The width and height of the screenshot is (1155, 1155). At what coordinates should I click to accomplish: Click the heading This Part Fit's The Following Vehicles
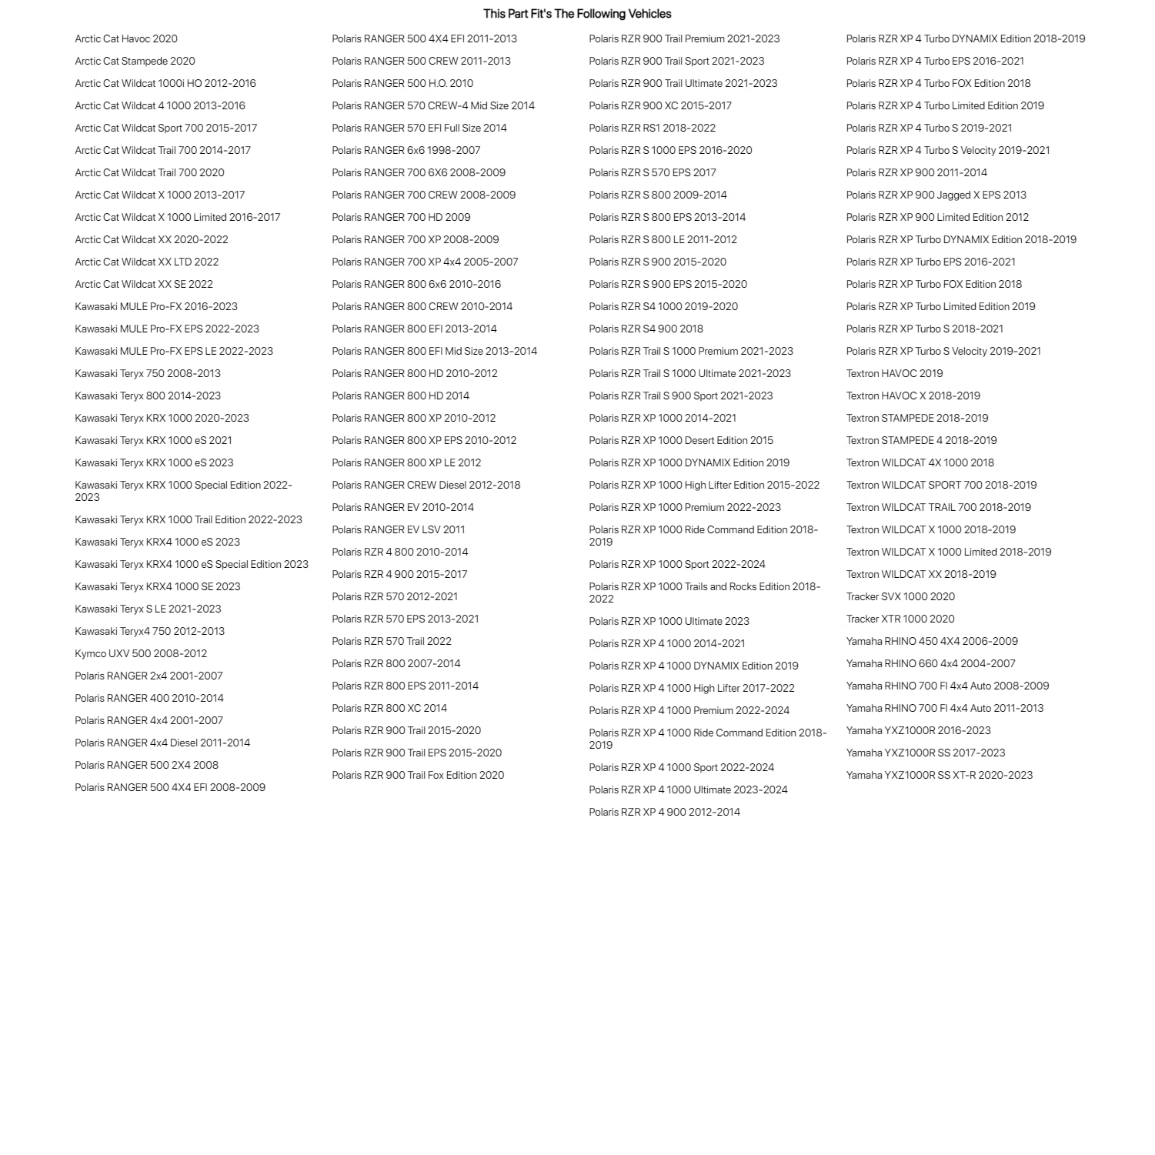577,14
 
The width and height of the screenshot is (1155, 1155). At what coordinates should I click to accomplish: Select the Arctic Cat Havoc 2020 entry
126,38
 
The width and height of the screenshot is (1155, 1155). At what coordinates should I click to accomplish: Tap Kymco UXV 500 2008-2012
141,653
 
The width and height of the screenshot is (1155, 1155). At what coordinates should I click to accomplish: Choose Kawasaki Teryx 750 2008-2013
148,373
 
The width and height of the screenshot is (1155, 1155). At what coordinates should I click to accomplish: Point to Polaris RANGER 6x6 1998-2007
406,150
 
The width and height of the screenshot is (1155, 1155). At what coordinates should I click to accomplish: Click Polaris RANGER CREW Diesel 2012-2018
426,485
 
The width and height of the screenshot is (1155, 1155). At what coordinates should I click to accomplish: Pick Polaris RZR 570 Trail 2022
392,641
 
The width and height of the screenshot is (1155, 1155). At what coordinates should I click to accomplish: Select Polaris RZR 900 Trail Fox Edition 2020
418,775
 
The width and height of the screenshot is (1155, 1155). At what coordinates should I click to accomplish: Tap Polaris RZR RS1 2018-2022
653,128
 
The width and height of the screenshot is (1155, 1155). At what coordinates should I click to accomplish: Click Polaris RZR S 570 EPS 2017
653,172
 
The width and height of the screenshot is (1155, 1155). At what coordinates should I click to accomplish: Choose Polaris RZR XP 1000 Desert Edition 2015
681,440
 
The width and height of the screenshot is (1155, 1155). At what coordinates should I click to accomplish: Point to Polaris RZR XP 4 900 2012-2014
665,812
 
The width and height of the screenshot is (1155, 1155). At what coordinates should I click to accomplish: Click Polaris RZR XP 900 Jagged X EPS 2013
936,195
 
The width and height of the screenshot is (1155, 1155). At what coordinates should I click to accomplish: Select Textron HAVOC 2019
894,373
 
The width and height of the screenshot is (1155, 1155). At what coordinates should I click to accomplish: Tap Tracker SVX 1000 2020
900,596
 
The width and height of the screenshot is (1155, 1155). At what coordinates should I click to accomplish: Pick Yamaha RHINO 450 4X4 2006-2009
932,641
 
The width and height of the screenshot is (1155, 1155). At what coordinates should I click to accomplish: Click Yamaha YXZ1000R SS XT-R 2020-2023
940,775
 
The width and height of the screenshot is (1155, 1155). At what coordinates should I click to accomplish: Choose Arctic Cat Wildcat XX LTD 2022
147,262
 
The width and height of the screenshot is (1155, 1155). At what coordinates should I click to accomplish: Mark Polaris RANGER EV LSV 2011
399,529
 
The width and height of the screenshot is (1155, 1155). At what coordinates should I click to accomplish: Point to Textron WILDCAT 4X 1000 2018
920,462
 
